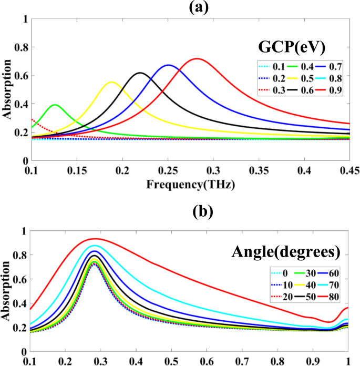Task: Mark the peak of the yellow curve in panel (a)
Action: pos(99,82)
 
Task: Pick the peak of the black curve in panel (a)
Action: pos(116,73)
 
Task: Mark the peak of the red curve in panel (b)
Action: pos(149,239)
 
